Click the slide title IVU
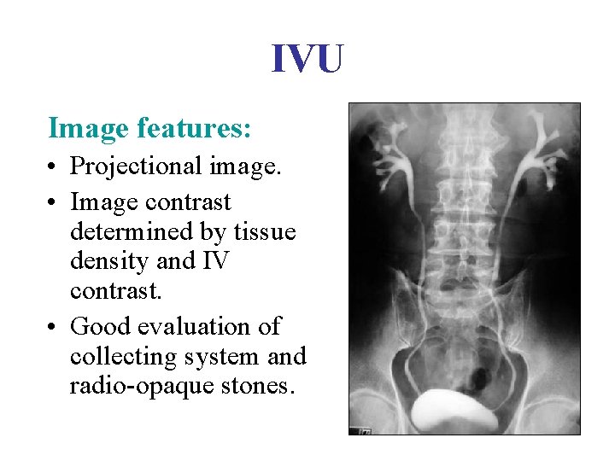coord(307,60)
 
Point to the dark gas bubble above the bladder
coord(480,374)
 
